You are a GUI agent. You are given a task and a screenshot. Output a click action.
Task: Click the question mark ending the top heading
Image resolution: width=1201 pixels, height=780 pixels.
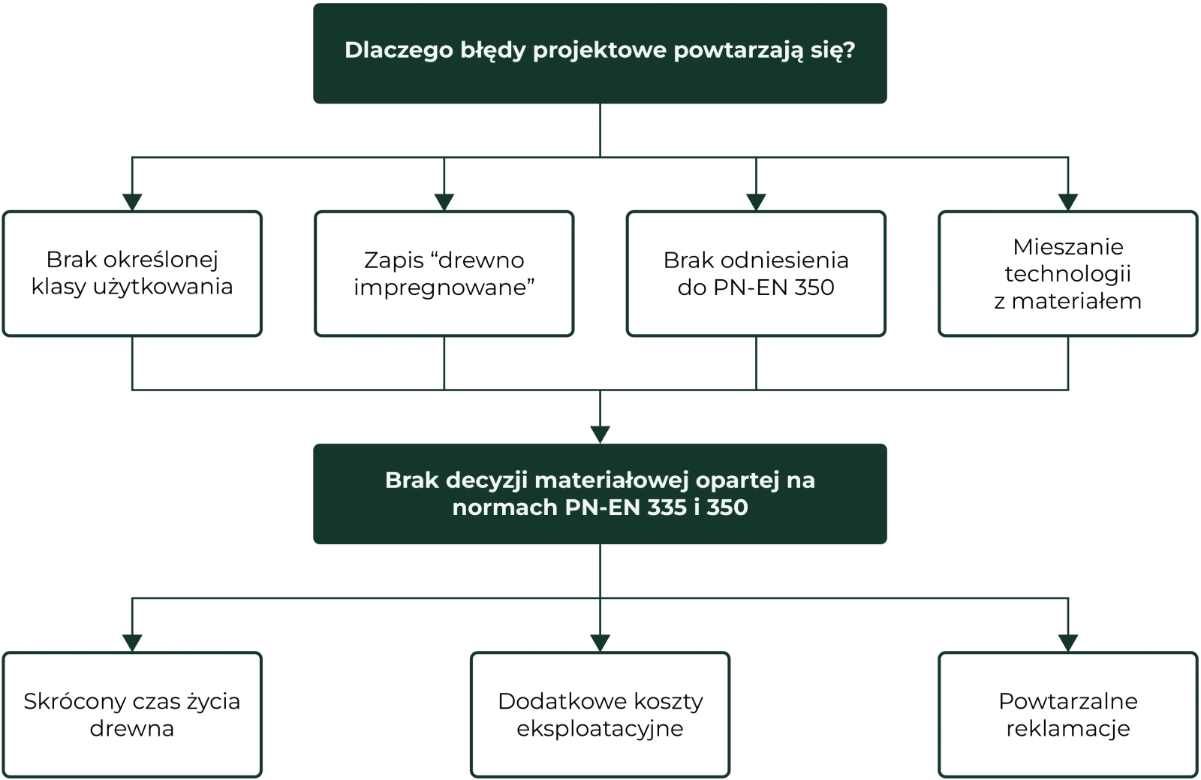click(x=849, y=50)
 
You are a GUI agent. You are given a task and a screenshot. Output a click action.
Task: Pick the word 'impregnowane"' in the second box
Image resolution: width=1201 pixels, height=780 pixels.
click(x=444, y=288)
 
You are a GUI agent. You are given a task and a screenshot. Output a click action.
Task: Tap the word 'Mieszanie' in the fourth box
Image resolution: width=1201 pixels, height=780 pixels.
click(x=1067, y=247)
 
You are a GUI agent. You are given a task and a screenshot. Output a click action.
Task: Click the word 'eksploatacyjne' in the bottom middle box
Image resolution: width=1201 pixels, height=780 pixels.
click(x=600, y=729)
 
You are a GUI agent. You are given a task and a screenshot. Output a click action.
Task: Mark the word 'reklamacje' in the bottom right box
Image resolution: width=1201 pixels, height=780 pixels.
click(x=1067, y=729)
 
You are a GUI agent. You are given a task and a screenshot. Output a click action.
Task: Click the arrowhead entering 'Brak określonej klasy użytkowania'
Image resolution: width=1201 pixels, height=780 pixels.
click(x=132, y=200)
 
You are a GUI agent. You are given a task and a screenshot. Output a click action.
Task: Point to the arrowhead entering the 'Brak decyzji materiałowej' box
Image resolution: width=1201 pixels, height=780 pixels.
click(x=600, y=431)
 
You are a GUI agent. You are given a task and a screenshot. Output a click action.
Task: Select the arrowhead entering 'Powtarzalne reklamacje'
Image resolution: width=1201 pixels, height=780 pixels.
click(x=1067, y=640)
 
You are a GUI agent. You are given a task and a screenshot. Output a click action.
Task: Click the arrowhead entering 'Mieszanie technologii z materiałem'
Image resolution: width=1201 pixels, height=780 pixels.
click(x=1067, y=200)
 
